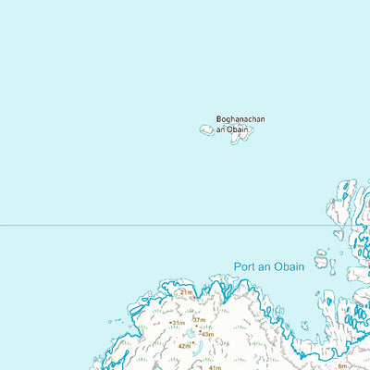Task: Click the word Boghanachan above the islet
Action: (240, 118)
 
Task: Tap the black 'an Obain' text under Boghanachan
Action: (233, 129)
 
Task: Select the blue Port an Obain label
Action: (268, 266)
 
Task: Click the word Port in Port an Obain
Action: (243, 266)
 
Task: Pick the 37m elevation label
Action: (198, 319)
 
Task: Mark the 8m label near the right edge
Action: (343, 365)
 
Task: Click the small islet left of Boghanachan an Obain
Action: (206, 130)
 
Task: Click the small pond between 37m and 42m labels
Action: (191, 333)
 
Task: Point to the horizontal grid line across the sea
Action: (139, 225)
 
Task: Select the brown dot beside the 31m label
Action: (171, 323)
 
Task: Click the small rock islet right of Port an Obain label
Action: (321, 263)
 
